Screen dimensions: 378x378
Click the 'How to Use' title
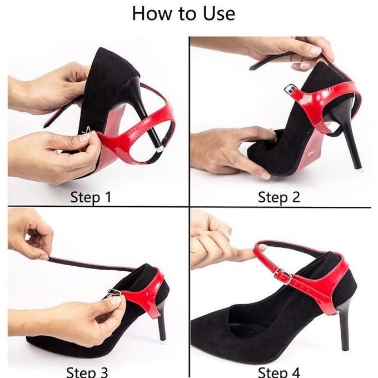pos(183,14)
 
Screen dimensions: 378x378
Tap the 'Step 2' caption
pos(278,197)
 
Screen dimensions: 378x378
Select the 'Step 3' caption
pos(87,371)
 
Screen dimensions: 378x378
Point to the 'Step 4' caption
pos(280,371)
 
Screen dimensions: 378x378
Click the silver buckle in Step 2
pos(290,89)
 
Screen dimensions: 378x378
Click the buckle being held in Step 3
pos(113,295)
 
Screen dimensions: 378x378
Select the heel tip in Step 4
pos(346,347)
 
